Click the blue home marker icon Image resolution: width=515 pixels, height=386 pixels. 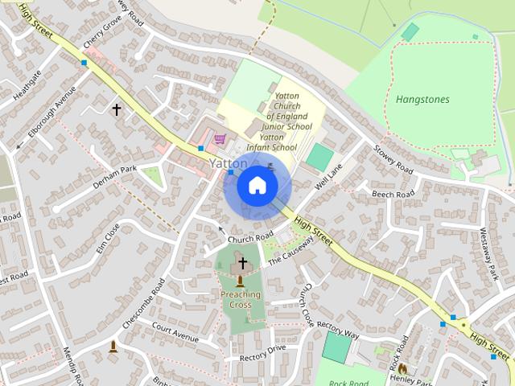pyautogui.click(x=257, y=186)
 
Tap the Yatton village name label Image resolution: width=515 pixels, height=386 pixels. pyautogui.click(x=228, y=163)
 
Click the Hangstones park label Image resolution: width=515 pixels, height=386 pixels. pyautogui.click(x=422, y=100)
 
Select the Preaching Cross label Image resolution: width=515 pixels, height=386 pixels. pyautogui.click(x=241, y=299)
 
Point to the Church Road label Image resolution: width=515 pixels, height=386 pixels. pyautogui.click(x=251, y=238)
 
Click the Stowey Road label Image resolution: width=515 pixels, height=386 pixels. pyautogui.click(x=393, y=159)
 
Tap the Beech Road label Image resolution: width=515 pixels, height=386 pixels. pyautogui.click(x=393, y=194)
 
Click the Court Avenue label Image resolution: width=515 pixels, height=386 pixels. pyautogui.click(x=175, y=331)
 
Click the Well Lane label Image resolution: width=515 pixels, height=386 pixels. pyautogui.click(x=329, y=175)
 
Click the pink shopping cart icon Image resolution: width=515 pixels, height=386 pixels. pyautogui.click(x=220, y=138)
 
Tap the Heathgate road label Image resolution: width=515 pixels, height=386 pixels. pyautogui.click(x=27, y=85)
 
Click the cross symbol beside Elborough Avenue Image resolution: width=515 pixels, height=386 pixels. pyautogui.click(x=116, y=109)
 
